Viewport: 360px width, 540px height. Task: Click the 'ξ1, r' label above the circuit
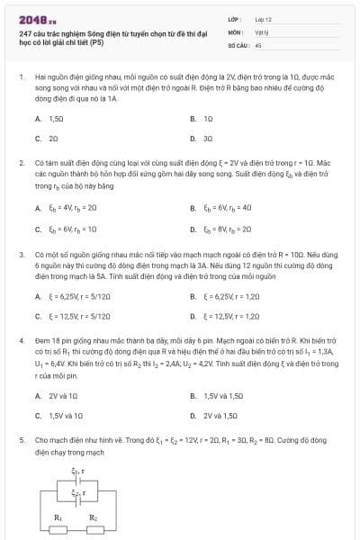pyautogui.click(x=76, y=470)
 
